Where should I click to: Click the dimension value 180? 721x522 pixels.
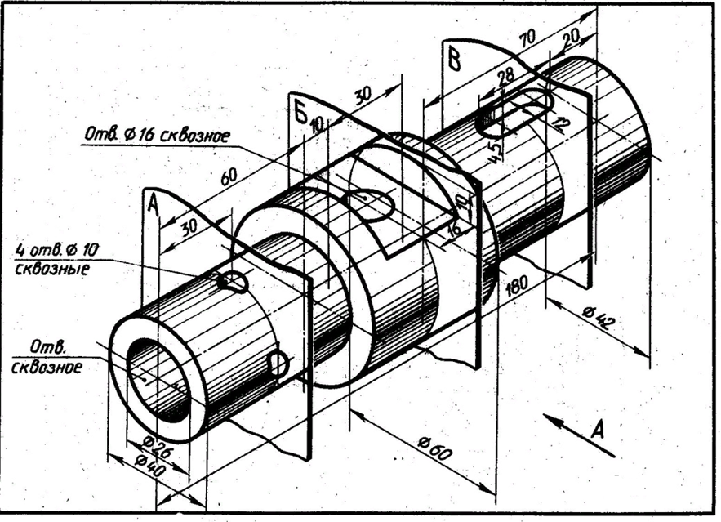click(518, 285)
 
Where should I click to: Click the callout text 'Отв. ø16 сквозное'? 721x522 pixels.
click(155, 135)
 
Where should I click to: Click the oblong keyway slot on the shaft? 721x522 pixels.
click(514, 114)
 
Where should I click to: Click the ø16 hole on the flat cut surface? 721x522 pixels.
click(369, 204)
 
